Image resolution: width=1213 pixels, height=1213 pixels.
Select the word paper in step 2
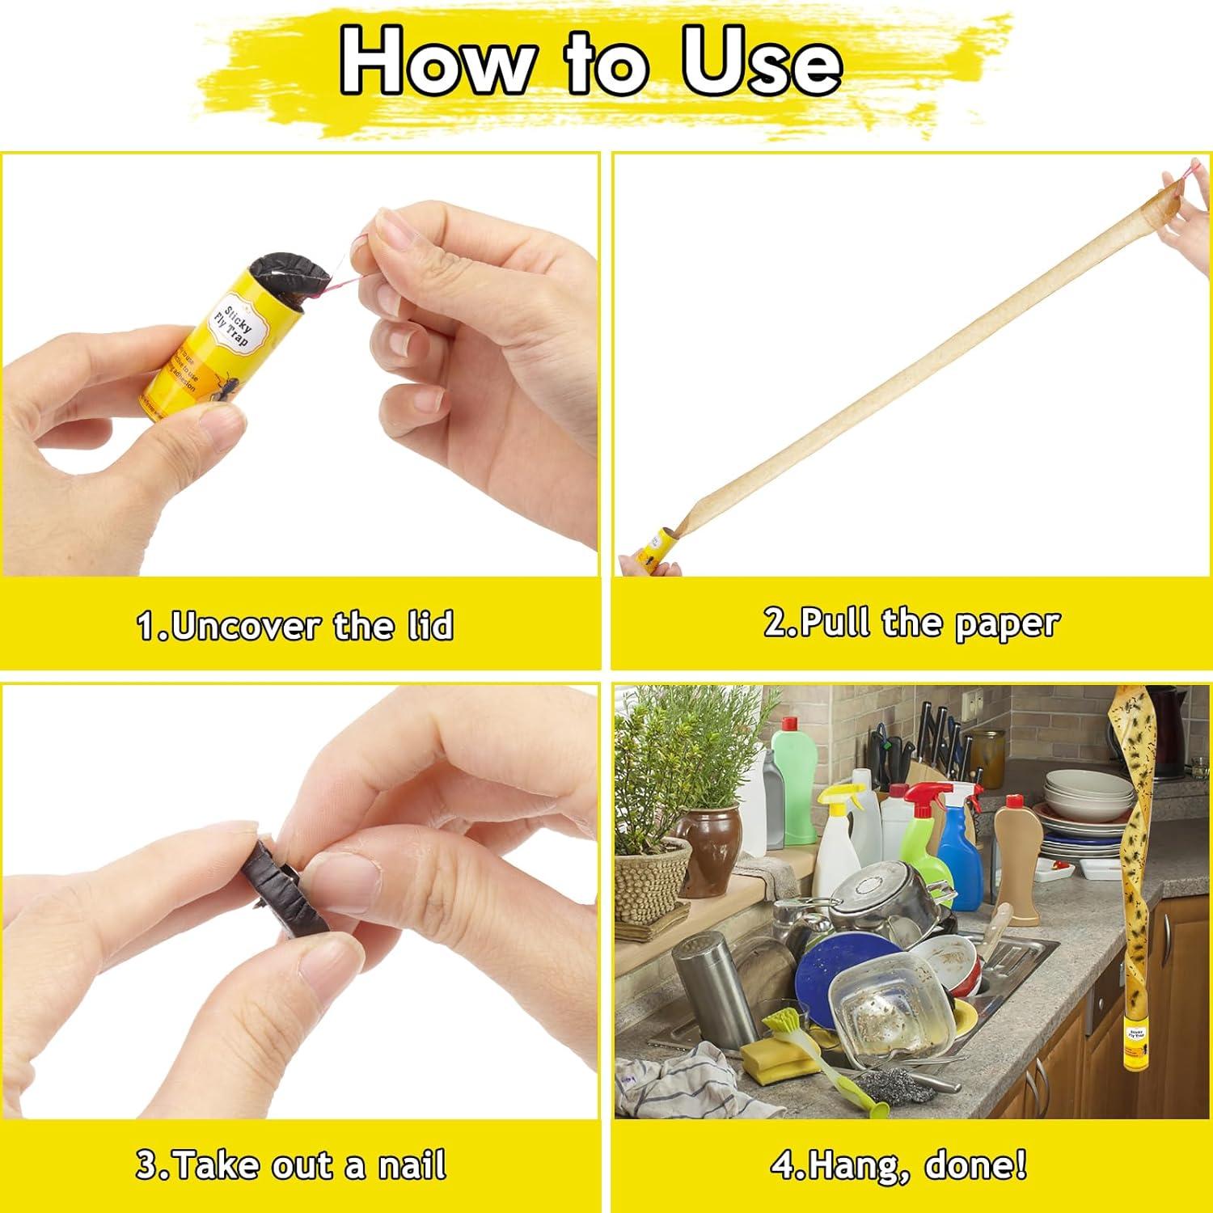pyautogui.click(x=1006, y=623)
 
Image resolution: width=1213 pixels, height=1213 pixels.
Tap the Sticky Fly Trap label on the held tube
pyautogui.click(x=228, y=328)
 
